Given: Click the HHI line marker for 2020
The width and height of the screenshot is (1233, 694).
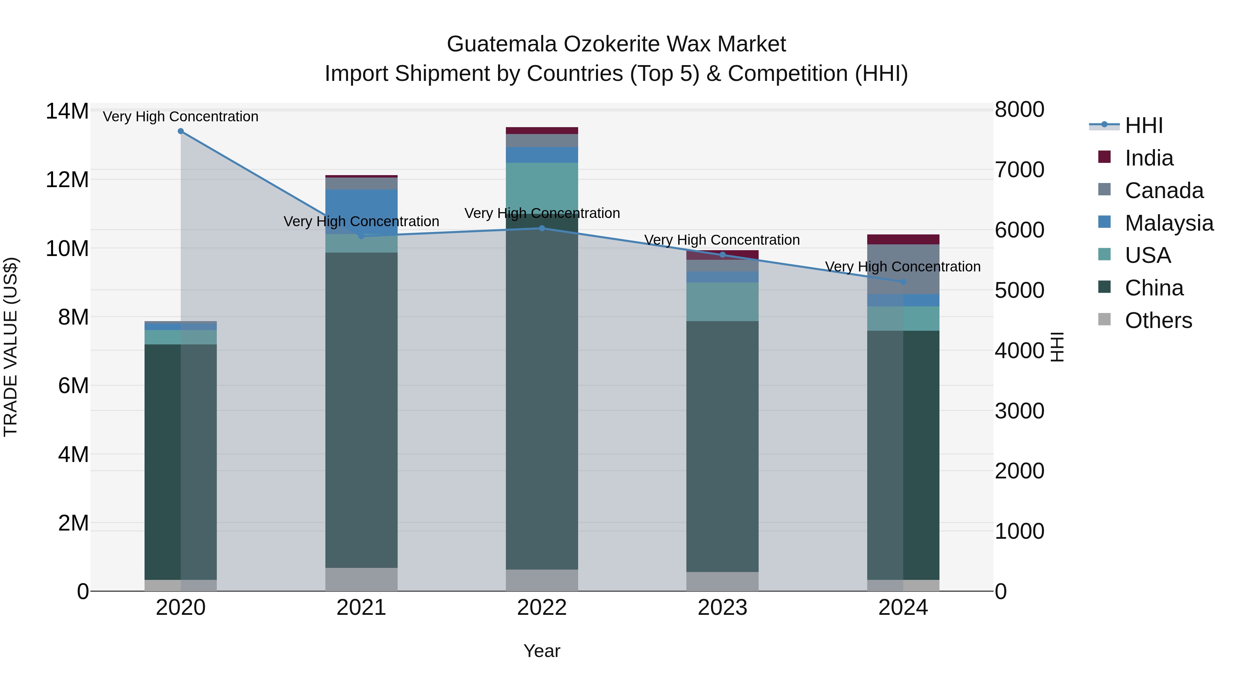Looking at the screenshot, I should tap(180, 131).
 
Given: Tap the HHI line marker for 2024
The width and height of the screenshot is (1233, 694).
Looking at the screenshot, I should tap(903, 282).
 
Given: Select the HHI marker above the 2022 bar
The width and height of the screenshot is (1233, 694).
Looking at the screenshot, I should tap(542, 229).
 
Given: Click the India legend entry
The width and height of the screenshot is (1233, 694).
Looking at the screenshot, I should tap(1149, 158).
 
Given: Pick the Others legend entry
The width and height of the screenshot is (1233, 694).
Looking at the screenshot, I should tap(1158, 320).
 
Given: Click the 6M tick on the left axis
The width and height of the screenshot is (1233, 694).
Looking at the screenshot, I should tap(73, 386).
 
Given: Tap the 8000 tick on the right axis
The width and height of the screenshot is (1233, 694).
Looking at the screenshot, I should tap(1020, 110).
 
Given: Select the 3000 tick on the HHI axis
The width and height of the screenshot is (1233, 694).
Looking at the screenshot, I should tap(1020, 411).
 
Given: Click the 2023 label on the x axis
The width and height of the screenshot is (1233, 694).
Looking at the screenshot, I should tap(722, 608).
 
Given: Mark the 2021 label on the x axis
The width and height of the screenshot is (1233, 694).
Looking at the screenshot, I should tap(361, 608).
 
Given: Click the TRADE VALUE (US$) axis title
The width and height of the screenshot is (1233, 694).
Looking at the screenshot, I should tap(11, 347).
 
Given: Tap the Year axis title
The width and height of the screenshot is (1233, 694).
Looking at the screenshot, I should tap(542, 651).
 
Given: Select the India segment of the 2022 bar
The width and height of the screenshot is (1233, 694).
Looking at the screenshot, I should tap(542, 131).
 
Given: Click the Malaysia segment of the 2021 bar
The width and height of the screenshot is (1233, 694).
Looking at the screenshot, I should tap(361, 211).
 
